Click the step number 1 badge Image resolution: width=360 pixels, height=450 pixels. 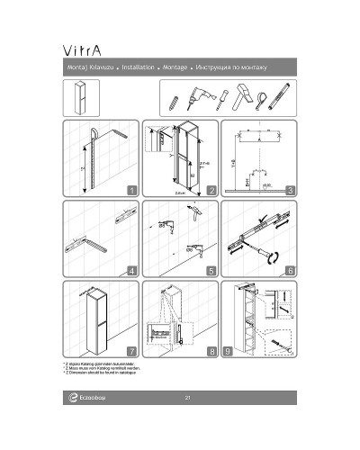132,190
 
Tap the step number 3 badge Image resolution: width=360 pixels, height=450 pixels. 290,190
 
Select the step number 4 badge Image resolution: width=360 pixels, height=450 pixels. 132,270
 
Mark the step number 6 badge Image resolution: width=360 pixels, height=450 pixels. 290,270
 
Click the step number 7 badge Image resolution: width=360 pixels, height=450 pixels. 132,350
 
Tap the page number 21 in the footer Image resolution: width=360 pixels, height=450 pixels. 186,398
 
